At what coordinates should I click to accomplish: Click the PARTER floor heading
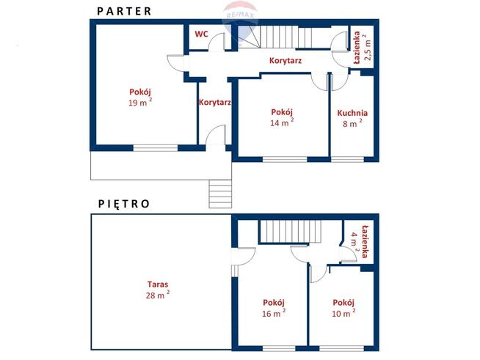124,11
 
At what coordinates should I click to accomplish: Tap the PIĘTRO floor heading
124,204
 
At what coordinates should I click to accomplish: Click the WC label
201,34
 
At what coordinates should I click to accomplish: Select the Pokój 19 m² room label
140,98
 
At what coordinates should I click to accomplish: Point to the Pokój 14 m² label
282,117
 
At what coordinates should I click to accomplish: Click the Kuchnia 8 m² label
352,118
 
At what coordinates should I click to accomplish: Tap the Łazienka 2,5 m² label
362,47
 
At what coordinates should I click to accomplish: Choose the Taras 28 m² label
158,290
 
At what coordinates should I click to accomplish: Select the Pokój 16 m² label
274,308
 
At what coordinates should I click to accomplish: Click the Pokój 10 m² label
343,308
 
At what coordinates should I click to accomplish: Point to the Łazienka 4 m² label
359,241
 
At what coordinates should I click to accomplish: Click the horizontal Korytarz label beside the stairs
286,61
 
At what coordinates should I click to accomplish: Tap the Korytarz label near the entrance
214,102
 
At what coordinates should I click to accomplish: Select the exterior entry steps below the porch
220,194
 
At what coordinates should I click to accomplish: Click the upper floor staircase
290,232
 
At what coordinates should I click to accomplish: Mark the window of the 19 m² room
155,148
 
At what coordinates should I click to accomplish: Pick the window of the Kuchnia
347,159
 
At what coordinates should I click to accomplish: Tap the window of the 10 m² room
341,348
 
